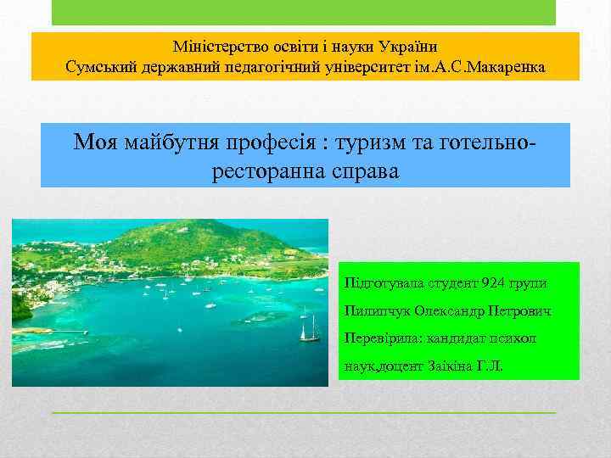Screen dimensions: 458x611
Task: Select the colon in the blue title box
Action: click(x=316, y=142)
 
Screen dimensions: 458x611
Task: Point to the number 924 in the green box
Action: click(x=493, y=282)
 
